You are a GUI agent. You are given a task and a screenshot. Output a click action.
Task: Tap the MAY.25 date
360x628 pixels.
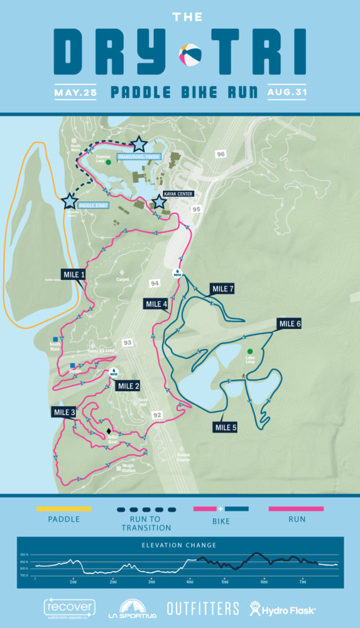75,92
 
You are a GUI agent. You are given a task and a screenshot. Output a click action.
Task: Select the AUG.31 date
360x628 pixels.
287,92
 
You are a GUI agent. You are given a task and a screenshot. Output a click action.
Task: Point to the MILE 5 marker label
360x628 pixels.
227,428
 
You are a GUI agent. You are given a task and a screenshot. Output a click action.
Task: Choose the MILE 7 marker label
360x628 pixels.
222,288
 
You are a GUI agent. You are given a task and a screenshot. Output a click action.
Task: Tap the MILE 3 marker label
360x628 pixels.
64,412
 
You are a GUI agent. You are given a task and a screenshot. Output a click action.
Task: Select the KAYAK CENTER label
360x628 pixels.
178,194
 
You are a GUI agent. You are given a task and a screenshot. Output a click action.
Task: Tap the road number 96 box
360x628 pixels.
220,154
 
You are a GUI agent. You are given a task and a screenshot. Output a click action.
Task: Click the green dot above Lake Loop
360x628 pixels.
251,352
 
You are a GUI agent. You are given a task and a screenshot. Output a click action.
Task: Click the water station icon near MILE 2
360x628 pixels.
114,372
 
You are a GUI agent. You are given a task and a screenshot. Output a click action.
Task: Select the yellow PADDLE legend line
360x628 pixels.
64,509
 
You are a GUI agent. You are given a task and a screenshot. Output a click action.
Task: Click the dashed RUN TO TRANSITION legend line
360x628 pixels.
146,509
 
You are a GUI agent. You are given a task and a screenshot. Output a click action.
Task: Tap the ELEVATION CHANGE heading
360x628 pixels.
180,545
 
